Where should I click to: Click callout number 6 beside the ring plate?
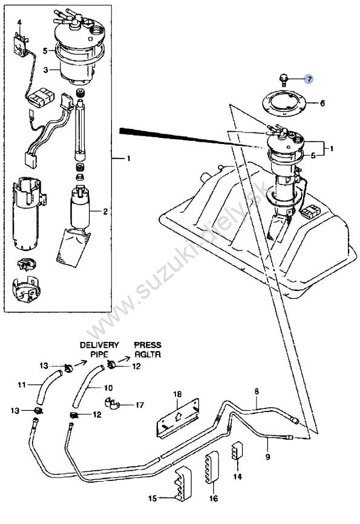point(322,103)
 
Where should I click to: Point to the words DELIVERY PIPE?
point(99,349)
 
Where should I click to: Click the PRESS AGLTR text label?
point(148,349)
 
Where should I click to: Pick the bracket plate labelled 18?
point(178,418)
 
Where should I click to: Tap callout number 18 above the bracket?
point(177,394)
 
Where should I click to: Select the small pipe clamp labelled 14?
point(237,451)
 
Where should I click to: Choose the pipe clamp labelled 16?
point(210,468)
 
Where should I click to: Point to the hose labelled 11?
point(48,387)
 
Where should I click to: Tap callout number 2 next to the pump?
point(105,212)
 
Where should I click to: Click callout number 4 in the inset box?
point(19,23)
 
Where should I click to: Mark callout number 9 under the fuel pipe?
point(267,456)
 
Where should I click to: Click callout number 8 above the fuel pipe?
point(257,391)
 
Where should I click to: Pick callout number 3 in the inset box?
point(46,70)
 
